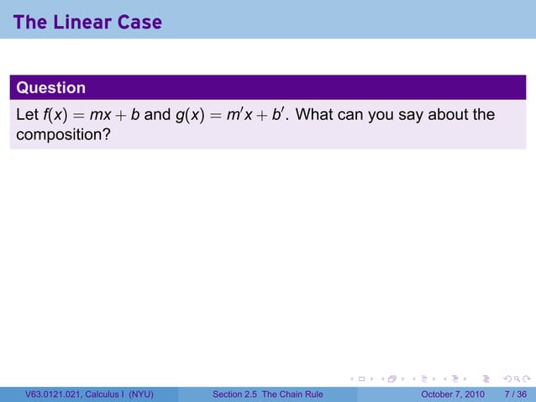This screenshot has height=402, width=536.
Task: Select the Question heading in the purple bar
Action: click(51, 87)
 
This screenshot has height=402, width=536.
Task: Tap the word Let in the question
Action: click(26, 114)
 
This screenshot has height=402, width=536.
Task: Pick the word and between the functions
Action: click(157, 114)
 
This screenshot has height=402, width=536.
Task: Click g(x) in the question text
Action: click(192, 114)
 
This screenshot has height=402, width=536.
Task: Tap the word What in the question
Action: click(317, 114)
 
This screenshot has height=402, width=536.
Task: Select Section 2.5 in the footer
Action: click(237, 394)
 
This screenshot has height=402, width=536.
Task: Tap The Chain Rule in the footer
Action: click(298, 394)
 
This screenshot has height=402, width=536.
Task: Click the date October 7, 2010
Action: click(453, 394)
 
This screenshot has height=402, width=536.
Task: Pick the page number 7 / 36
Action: click(515, 394)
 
